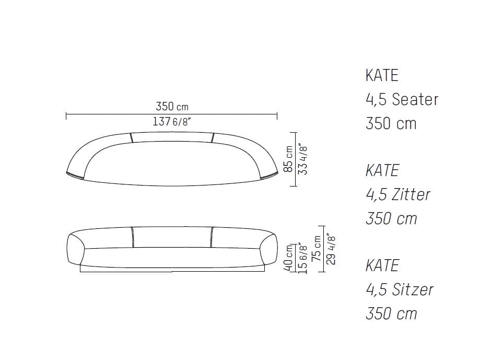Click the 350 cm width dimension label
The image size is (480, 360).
click(x=172, y=107)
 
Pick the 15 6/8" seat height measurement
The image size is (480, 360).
click(x=302, y=258)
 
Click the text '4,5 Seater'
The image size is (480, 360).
click(x=401, y=99)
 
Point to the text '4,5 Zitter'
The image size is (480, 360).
click(x=397, y=194)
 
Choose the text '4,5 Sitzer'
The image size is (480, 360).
click(x=399, y=289)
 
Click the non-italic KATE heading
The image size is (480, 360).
click(x=381, y=75)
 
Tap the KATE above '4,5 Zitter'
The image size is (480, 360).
click(x=382, y=170)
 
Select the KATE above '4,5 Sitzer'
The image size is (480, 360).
click(x=382, y=265)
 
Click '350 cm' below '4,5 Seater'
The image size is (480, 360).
click(x=391, y=123)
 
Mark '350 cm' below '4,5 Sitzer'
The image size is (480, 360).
click(x=391, y=313)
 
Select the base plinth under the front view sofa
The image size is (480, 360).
click(x=172, y=270)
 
